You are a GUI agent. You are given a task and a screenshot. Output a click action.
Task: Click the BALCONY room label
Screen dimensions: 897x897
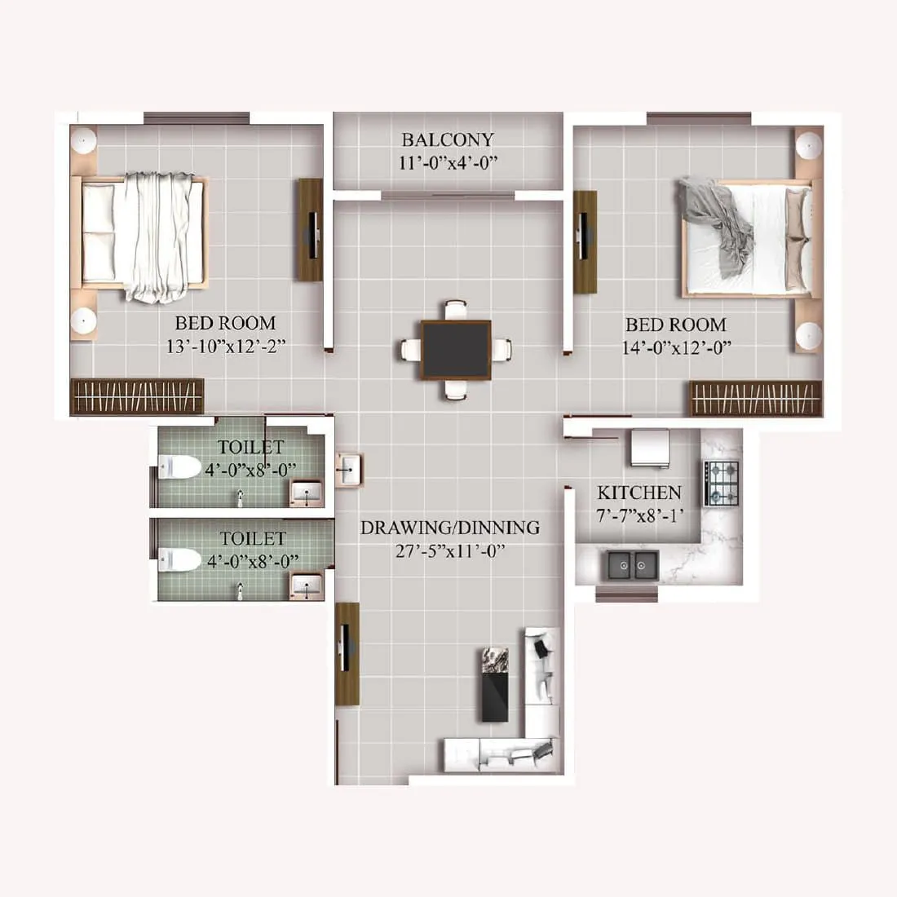[448, 139]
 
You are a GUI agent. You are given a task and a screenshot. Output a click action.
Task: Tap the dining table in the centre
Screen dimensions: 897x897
[456, 349]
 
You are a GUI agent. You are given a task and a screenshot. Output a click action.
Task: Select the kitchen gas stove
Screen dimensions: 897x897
[722, 483]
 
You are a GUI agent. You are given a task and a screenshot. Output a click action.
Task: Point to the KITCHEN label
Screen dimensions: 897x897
[639, 493]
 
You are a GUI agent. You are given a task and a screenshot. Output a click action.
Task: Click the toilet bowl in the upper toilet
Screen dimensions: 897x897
[180, 468]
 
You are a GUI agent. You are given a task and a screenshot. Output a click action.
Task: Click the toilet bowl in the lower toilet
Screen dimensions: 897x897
[180, 559]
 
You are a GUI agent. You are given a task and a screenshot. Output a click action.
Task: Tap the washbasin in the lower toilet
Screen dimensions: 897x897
[307, 585]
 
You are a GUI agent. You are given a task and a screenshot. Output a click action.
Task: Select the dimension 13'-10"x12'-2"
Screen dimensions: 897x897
[225, 347]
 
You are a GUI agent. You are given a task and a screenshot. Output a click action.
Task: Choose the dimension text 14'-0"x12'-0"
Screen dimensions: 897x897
[675, 347]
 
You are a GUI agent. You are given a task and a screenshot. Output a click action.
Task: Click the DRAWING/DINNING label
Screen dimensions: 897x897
[450, 528]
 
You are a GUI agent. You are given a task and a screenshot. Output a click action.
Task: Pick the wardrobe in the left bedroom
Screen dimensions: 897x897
[137, 397]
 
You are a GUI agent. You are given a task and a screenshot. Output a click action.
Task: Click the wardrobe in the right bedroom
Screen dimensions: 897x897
[756, 398]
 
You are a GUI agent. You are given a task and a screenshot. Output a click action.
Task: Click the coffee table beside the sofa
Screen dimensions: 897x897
[495, 684]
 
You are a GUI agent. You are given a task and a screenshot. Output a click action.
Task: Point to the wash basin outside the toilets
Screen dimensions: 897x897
[349, 469]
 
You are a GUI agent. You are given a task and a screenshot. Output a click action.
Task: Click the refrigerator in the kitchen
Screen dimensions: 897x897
[647, 448]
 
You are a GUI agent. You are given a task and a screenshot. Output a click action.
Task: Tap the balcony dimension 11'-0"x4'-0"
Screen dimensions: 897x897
[448, 163]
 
